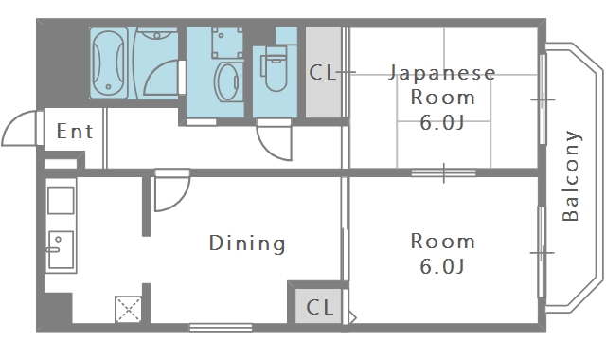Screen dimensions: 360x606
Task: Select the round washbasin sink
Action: [227, 81]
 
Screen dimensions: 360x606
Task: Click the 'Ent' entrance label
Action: [75, 131]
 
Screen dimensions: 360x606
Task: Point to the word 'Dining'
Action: [247, 243]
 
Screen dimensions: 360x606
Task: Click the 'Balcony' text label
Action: [571, 175]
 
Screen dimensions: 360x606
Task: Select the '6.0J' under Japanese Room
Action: [442, 121]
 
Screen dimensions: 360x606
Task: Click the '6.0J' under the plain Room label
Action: [442, 266]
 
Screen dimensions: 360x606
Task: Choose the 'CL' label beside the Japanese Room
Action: [323, 73]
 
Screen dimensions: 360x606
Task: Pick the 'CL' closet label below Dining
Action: [320, 307]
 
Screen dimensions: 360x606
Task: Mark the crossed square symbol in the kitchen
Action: [128, 309]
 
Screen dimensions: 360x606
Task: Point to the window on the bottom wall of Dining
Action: [220, 328]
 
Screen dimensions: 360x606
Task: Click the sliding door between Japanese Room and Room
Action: [443, 171]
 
